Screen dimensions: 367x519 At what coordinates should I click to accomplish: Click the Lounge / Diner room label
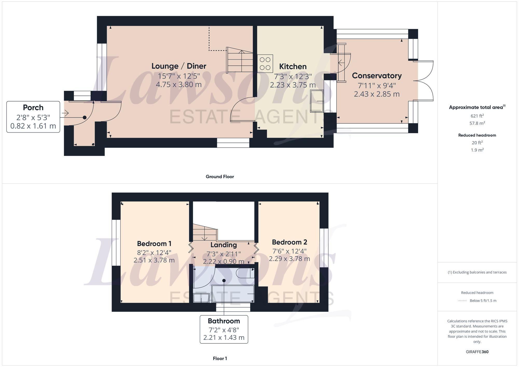point(179,66)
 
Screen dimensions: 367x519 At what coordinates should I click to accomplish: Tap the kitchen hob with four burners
point(265,64)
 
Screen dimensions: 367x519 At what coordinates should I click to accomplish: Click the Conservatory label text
point(377,76)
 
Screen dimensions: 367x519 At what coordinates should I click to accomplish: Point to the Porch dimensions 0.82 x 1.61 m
point(33,126)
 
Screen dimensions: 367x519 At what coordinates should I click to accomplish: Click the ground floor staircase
point(240,60)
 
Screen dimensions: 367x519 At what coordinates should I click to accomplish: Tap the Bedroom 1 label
point(154,244)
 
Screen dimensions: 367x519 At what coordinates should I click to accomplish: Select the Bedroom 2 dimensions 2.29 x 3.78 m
point(289,259)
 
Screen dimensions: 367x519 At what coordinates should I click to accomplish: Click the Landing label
point(223,245)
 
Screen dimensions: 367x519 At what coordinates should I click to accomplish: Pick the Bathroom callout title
point(224,321)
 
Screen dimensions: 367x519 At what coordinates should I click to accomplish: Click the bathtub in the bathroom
point(233,294)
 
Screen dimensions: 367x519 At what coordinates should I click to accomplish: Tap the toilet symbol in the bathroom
point(245,273)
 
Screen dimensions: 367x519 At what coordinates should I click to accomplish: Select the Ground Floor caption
point(220,177)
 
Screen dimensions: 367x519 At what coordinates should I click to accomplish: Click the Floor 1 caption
point(220,358)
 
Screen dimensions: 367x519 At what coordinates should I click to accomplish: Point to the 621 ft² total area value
point(477,116)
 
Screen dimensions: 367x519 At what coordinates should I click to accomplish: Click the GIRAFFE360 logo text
point(477,352)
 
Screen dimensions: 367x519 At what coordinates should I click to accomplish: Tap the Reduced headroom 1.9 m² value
point(477,150)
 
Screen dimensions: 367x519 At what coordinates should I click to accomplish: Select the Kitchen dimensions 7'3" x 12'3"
point(293,77)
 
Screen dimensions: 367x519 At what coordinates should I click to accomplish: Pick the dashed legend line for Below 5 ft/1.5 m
point(462,301)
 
